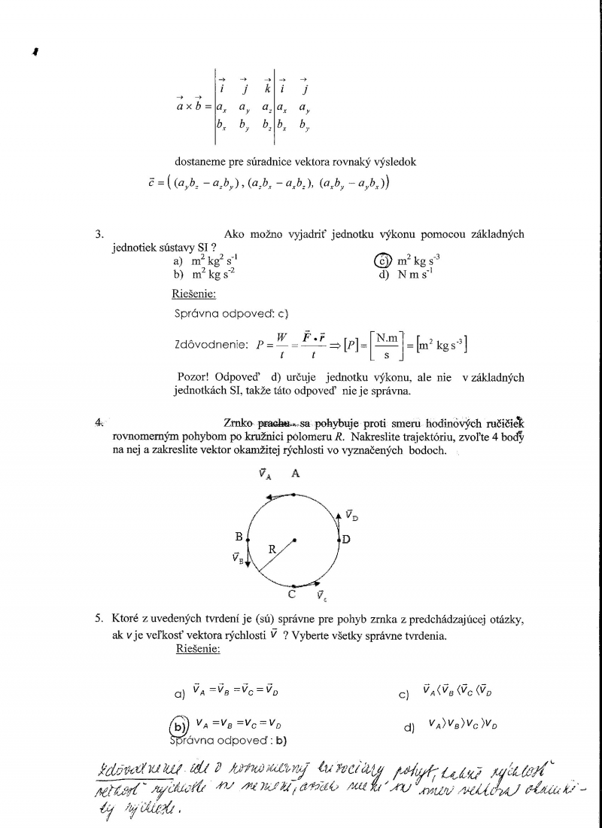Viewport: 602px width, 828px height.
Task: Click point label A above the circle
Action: pyautogui.click(x=296, y=473)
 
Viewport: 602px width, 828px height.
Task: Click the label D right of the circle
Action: pyautogui.click(x=346, y=539)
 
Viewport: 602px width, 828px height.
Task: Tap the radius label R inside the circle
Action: pyautogui.click(x=272, y=549)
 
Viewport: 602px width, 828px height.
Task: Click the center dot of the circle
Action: pyautogui.click(x=294, y=538)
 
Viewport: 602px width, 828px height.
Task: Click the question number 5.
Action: pyautogui.click(x=99, y=619)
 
